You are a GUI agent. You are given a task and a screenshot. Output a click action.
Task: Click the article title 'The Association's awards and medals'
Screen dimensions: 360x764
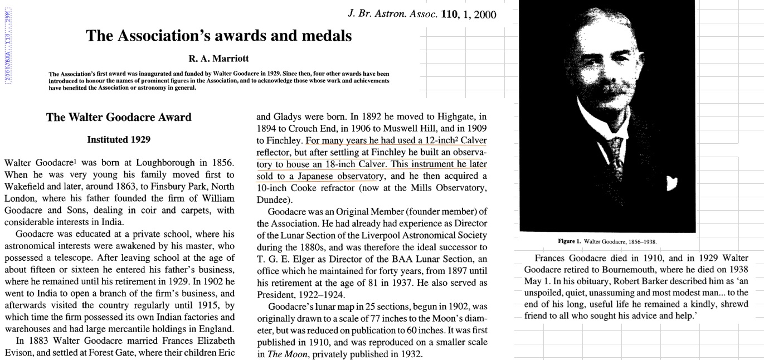coord(218,36)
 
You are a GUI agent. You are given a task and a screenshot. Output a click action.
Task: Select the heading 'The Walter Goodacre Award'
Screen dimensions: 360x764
coord(119,118)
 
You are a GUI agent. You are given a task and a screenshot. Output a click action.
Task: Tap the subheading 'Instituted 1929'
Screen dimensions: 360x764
coord(119,139)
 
